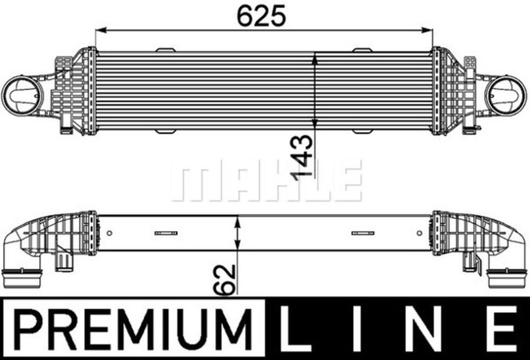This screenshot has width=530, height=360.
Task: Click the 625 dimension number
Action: (x=261, y=16)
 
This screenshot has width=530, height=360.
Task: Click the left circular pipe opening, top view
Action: (x=22, y=95)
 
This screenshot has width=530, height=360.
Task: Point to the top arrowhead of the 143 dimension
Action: (x=315, y=58)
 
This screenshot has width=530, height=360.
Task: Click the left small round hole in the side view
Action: (x=109, y=233)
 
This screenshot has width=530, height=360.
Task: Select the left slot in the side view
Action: (x=166, y=233)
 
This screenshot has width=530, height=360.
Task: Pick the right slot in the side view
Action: (x=363, y=233)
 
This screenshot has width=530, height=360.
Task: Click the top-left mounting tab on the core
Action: (x=166, y=50)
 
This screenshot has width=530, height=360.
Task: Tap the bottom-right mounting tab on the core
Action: (x=363, y=132)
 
